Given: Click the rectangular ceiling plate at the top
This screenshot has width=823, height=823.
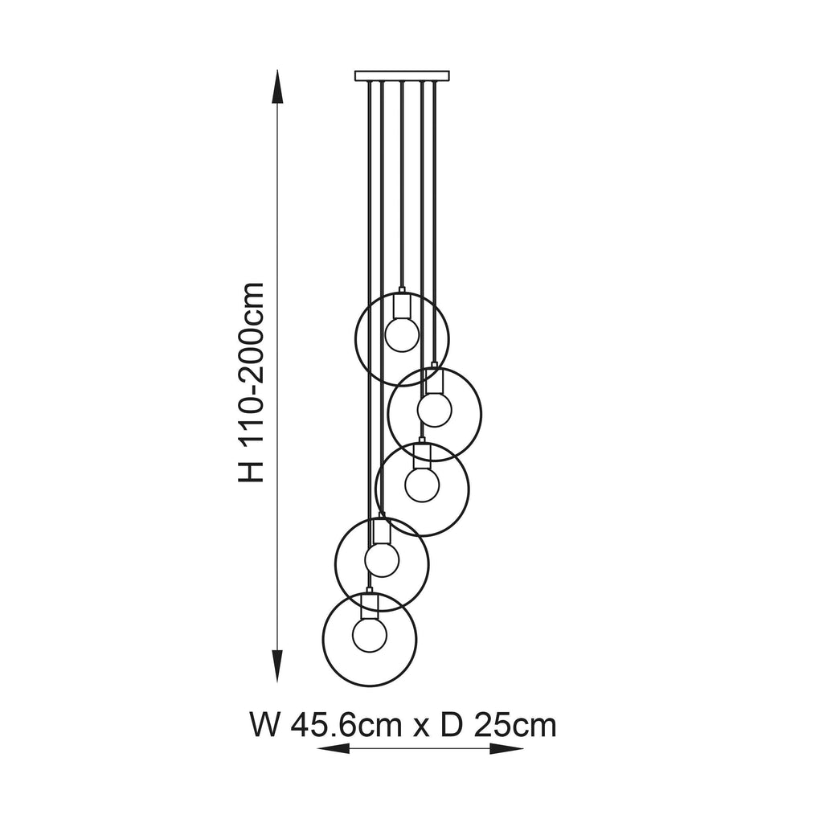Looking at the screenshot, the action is coord(402,76).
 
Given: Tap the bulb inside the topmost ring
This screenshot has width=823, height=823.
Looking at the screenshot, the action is coord(402,334).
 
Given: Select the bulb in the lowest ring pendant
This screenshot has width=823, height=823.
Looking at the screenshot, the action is coord(370,635).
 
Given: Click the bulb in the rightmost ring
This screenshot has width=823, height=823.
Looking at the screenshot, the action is coord(435,409).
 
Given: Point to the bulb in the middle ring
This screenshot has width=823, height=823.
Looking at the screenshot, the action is coord(422,485).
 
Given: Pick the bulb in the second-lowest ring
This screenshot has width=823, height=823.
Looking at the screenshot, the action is coord(382,559).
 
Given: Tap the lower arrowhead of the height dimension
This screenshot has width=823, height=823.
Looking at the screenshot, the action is coord(277,665).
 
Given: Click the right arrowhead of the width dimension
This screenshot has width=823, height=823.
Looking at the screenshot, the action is coord(506,748).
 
